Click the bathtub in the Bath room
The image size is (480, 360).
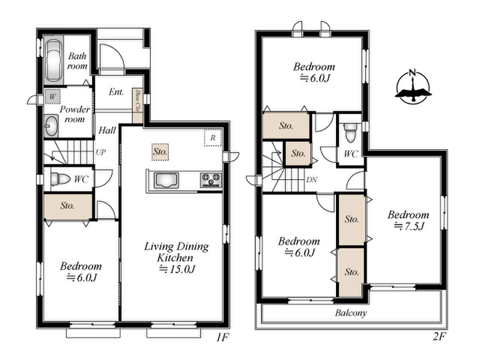pos(54,60)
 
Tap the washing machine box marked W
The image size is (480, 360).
pos(53,96)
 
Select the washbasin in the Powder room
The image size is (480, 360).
pos(51,126)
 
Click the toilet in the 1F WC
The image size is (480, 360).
pos(60,179)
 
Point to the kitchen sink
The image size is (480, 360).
pos(166,180)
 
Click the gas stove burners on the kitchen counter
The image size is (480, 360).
pos(211,180)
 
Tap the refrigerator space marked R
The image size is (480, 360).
pos(213,137)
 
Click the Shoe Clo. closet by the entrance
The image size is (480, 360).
pos(138,106)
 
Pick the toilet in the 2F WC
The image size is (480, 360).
pos(350,133)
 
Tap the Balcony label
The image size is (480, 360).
pos(350,313)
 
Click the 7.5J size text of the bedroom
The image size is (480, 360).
pos(409,226)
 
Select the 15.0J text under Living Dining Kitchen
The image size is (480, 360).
pos(177,269)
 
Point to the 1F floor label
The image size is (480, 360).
pos(223,337)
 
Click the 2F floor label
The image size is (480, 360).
pos(439,337)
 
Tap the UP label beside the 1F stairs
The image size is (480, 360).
pos(101,152)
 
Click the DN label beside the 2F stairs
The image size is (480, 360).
pos(312,180)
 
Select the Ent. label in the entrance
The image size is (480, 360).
pos(116,91)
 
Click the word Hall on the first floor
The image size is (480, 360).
pos(107,130)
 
